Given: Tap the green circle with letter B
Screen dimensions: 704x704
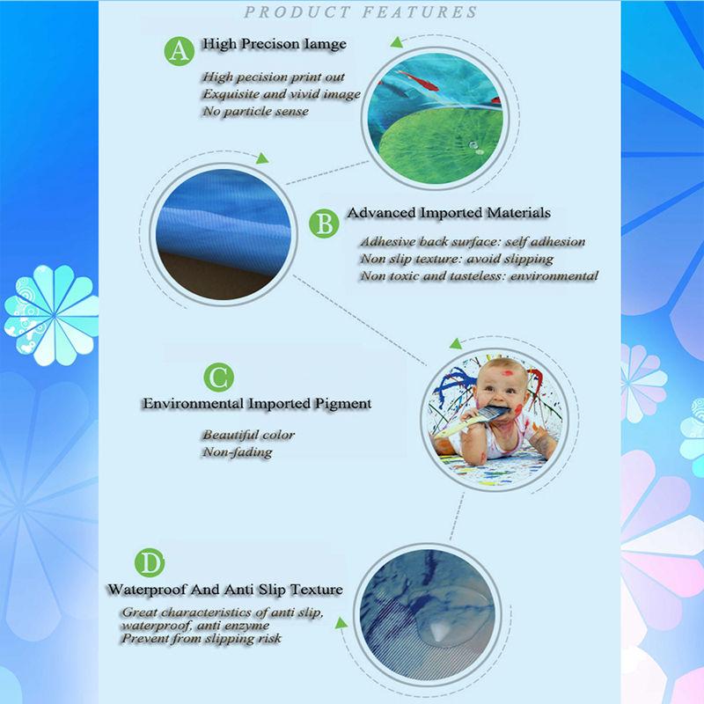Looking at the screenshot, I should [326, 224].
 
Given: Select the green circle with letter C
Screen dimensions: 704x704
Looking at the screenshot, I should [216, 378].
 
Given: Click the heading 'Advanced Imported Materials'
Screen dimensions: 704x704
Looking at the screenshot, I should [449, 213].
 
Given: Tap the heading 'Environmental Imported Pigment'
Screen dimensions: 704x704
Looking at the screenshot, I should [256, 404].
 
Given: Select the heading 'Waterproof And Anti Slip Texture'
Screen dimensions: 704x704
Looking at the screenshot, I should [224, 590].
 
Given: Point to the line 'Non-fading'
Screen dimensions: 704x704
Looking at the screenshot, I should [237, 452].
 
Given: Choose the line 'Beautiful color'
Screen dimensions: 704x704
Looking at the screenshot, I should [249, 435].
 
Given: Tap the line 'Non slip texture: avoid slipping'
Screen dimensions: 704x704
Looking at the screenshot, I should [456, 259].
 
